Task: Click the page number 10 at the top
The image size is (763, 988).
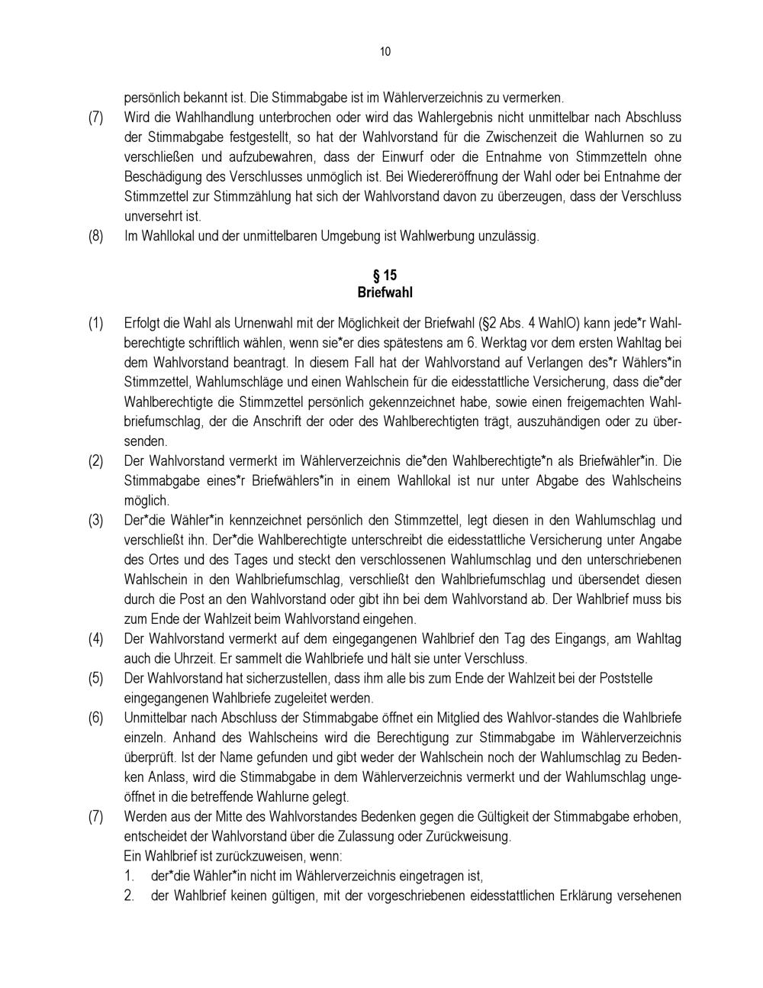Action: click(385, 52)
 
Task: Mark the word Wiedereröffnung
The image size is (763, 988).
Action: click(489, 177)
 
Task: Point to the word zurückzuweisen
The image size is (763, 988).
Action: click(253, 856)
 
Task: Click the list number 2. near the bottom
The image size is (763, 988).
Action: click(130, 896)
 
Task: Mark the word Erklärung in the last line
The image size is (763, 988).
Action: click(585, 896)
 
